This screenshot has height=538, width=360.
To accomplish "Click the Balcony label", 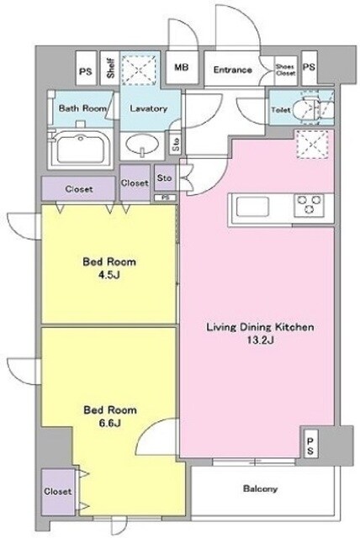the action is point(260,488).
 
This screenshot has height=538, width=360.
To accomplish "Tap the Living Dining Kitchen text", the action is point(260,327).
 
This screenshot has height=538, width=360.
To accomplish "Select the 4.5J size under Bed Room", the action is point(109,276).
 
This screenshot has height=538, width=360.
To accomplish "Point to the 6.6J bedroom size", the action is point(110,424).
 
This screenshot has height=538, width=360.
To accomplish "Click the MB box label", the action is point(181,67).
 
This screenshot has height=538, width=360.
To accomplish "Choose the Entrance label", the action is point(232,70).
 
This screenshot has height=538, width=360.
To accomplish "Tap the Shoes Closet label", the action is point(285,70).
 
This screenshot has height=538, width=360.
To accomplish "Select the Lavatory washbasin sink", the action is point(142,145).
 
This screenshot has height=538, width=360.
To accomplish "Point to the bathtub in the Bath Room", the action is point(81,148).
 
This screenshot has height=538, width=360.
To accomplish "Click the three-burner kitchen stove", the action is point(309,205).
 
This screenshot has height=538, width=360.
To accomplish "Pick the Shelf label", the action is point(110,69).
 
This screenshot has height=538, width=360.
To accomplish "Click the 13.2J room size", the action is point(260,340).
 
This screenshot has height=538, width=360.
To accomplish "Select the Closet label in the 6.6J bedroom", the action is point(57,491).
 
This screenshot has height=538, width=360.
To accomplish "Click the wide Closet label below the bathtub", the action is point(79,189).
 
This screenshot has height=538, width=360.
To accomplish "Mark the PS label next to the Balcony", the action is point(310,446).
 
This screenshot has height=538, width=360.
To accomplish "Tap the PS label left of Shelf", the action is point(86,71).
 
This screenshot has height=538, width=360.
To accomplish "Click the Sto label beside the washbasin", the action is point(176,145).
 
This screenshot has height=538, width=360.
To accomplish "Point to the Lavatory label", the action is point(148,108).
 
